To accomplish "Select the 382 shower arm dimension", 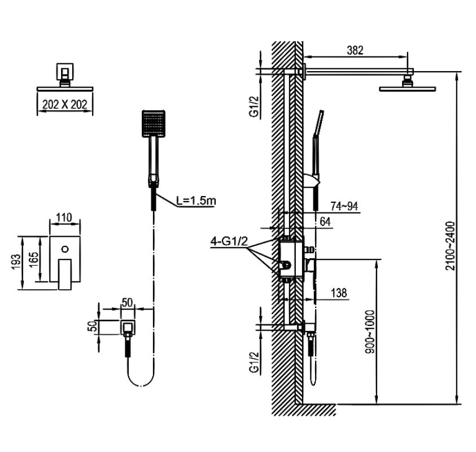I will [355, 50].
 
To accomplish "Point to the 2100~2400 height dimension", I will [450, 246].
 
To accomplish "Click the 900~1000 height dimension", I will [369, 332].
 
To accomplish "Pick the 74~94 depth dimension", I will [344, 206].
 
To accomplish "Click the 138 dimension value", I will [339, 293].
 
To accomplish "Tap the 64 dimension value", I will [325, 221].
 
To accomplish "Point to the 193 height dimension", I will [16, 260].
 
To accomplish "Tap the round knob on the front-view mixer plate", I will [65, 248].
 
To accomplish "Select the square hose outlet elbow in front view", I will [129, 326].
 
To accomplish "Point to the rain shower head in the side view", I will [408, 86].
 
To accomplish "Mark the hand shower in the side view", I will [316, 147].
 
